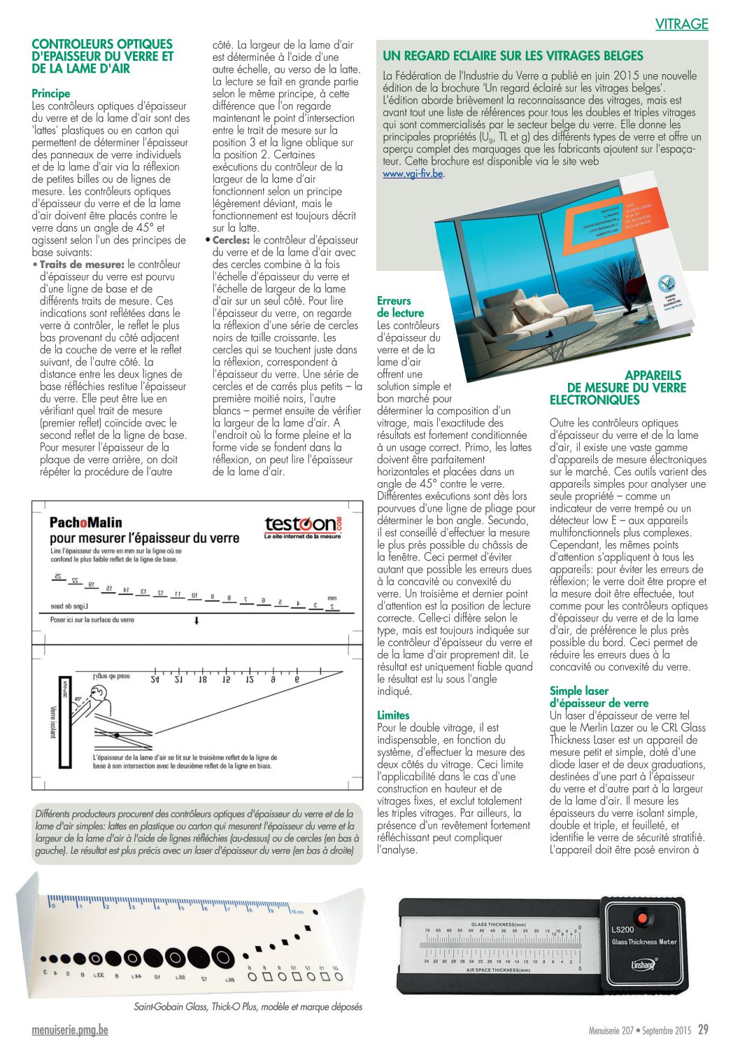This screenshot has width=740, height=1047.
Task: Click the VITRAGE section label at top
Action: [x=681, y=24]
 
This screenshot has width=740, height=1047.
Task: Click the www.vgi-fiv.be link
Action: [x=413, y=174]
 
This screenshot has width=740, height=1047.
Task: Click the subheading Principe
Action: [x=51, y=93]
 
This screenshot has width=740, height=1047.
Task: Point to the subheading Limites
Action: [x=393, y=715]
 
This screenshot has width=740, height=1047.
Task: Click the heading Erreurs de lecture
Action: [x=400, y=307]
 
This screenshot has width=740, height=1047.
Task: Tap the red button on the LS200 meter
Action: [x=641, y=916]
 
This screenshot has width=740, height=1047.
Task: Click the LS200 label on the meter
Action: [x=622, y=929]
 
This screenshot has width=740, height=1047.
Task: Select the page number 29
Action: [x=703, y=1030]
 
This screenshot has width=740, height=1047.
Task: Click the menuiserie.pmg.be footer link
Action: [x=70, y=1030]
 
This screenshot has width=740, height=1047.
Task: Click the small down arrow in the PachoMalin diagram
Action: [x=197, y=621]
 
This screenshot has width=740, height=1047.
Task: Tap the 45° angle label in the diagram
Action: [x=78, y=699]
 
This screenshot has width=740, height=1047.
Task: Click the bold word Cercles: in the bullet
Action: [x=231, y=240]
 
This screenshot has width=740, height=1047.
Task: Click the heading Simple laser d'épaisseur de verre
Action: [x=599, y=697]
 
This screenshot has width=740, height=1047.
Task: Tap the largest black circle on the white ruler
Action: [x=222, y=956]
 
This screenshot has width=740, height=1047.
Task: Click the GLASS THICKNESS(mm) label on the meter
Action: [x=498, y=924]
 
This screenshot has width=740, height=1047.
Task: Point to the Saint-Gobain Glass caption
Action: [x=248, y=1007]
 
